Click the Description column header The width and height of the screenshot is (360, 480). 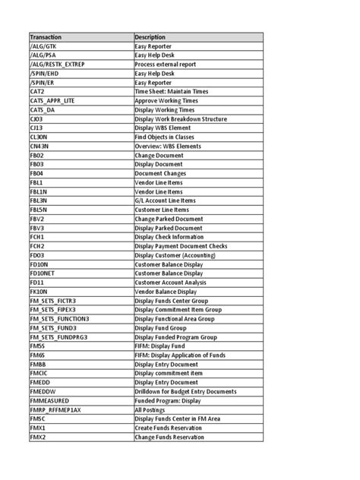(x=150, y=37)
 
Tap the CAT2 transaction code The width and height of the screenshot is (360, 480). (x=38, y=91)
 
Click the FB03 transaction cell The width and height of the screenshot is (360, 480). (x=37, y=163)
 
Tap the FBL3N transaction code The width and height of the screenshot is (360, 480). (x=39, y=200)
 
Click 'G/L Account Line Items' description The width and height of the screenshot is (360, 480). (x=168, y=200)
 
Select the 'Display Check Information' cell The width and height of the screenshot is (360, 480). (x=171, y=235)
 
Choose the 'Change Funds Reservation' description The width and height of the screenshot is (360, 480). (x=169, y=437)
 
